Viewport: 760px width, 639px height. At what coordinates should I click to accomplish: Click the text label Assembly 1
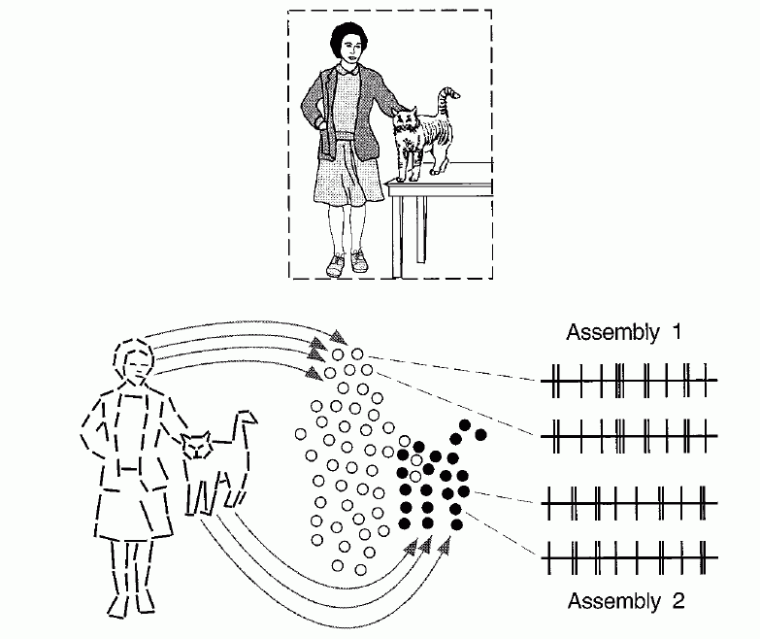624,333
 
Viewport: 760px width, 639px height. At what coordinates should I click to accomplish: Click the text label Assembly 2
626,601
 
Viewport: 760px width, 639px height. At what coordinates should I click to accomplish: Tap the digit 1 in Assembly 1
674,333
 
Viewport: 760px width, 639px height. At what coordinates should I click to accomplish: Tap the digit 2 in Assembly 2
677,601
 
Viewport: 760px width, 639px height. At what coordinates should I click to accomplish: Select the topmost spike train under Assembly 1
629,380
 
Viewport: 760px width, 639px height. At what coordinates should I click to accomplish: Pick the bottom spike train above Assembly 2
629,557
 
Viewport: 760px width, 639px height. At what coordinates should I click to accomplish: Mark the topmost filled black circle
467,425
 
